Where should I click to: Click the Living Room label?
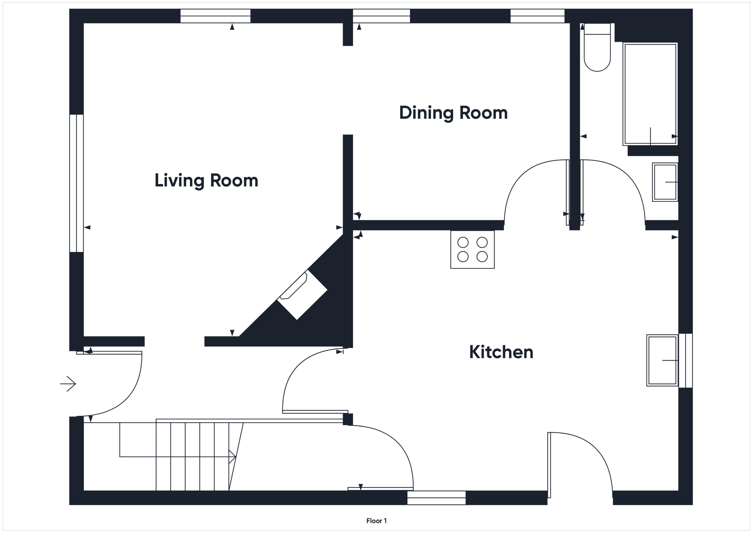[x=206, y=181]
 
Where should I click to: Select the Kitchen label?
[x=501, y=352]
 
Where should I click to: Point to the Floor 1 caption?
[x=376, y=521]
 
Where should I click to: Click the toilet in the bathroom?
[x=597, y=47]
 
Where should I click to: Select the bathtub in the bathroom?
[x=650, y=94]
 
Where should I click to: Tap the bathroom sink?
[x=665, y=182]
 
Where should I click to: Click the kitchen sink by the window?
[x=662, y=360]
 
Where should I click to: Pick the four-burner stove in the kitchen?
[x=472, y=249]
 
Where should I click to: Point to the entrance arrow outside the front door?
[x=68, y=384]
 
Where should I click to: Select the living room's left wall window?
[x=76, y=183]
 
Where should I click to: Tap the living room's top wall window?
[x=215, y=16]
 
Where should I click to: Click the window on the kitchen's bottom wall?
[x=436, y=498]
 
